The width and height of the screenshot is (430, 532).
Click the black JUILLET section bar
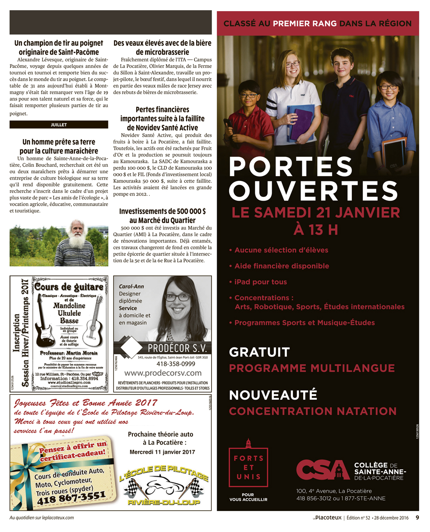59,125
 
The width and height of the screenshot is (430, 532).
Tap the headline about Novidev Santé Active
163,119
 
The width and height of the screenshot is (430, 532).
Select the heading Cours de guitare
69,287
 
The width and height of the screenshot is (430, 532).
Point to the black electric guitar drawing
45,323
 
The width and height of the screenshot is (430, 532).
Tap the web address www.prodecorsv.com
163,373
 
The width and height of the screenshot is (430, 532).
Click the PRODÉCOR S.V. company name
177,348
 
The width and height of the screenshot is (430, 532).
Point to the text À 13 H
316,230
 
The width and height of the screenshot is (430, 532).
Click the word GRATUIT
259,352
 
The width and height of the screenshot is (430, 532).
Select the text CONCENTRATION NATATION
313,411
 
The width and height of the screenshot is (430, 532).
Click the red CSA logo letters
322,470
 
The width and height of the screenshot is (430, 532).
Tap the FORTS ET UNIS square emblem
249,468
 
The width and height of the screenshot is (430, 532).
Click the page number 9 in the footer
417,518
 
